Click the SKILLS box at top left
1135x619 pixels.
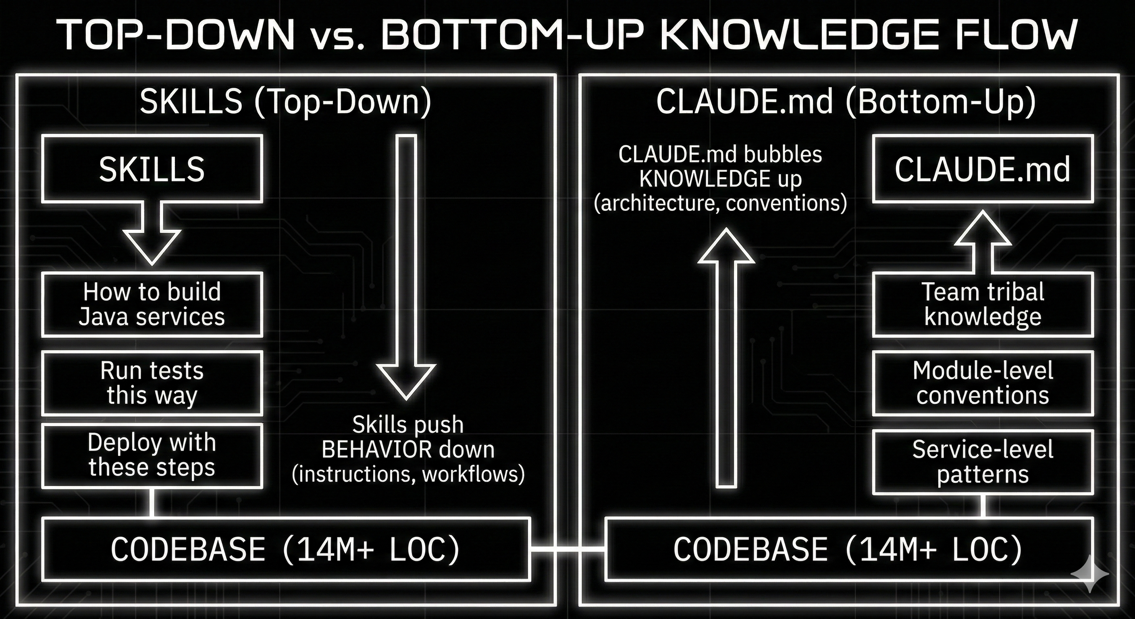pos(152,169)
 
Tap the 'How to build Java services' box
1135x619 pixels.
pos(152,304)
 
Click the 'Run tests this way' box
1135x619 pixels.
pos(152,383)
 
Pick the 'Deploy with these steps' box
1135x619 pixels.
pos(152,455)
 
